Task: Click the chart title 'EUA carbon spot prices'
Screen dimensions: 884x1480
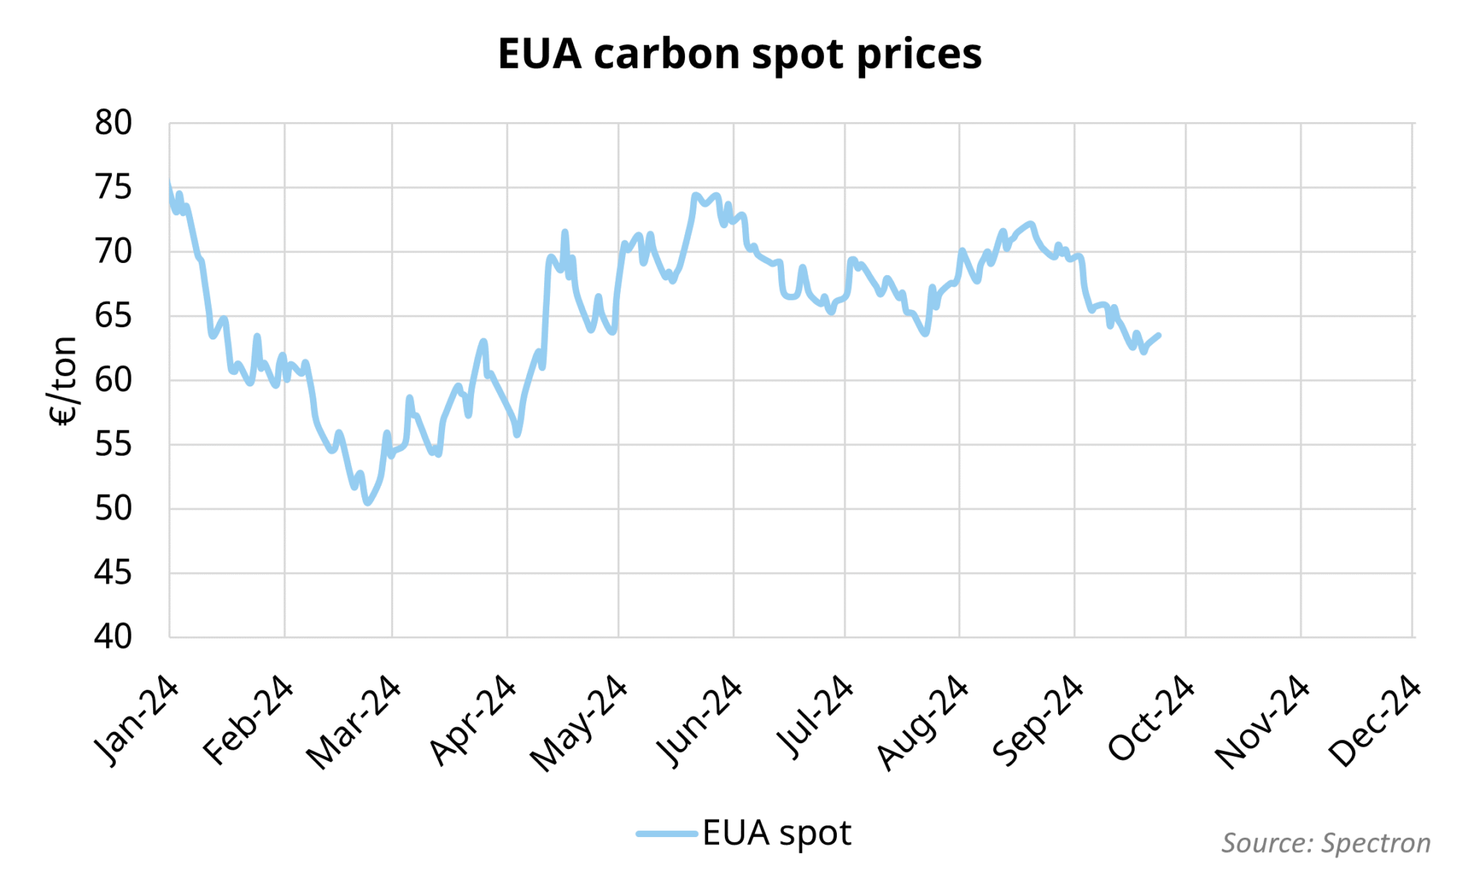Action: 739,54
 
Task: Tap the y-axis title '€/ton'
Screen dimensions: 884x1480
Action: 63,381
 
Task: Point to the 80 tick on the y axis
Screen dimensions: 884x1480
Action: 113,123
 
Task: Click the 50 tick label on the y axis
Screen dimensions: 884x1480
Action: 113,509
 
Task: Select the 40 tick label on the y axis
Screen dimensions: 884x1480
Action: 113,637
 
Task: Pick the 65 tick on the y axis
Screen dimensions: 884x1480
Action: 113,316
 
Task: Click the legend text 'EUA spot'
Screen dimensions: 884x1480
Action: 777,833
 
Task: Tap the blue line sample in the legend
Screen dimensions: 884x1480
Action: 666,833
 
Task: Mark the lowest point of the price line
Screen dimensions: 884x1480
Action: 368,502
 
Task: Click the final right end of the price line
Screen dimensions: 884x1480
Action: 1158,335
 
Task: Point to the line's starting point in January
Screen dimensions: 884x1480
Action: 170,185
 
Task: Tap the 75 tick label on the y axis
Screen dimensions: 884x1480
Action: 113,188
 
